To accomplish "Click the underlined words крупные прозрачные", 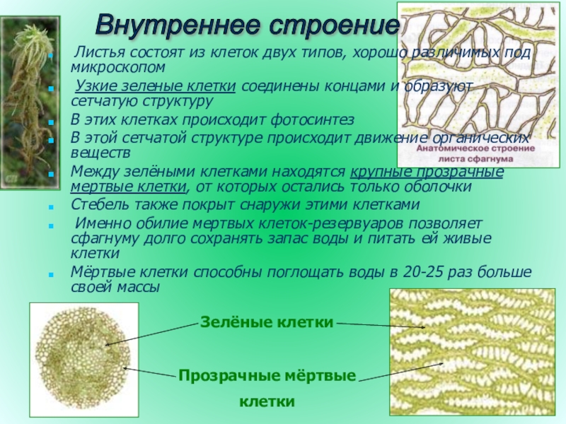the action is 427,172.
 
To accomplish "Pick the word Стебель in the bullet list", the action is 98,205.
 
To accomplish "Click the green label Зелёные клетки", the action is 267,322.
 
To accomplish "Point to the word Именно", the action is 100,223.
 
